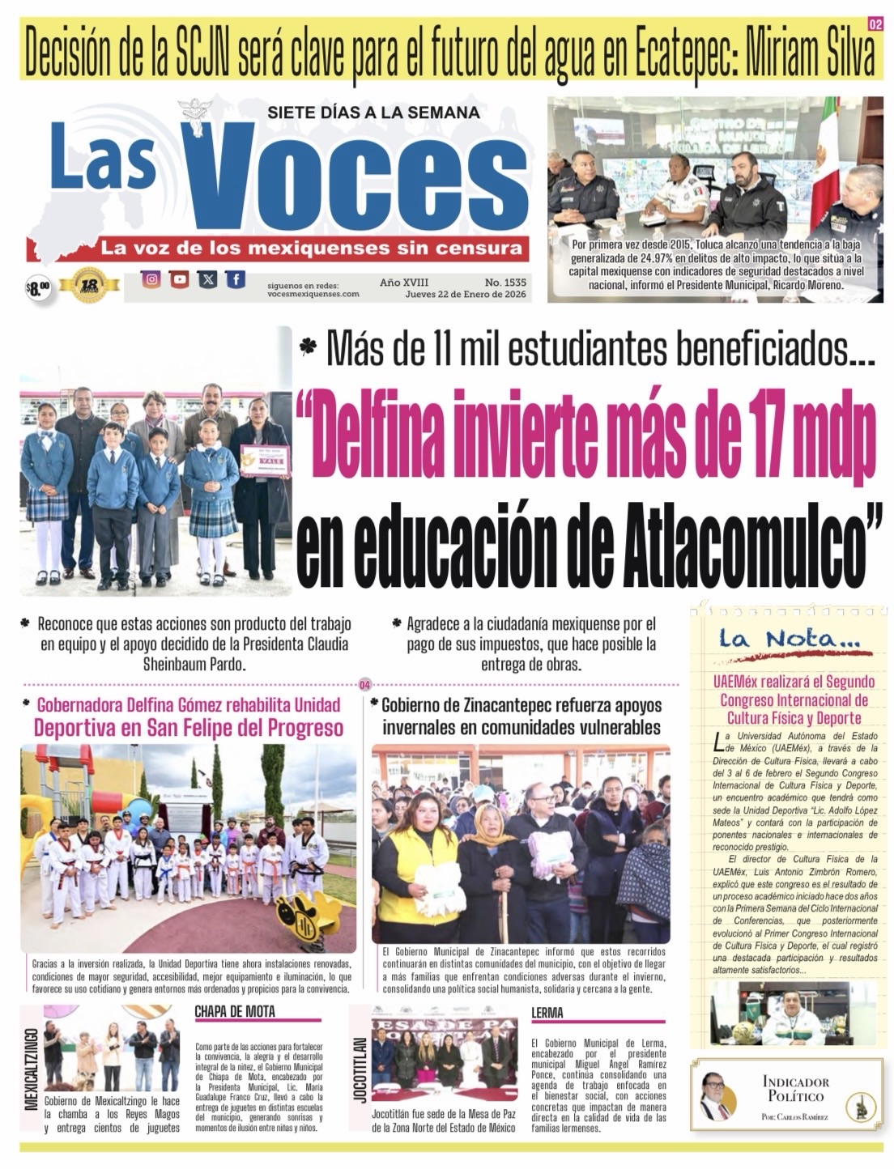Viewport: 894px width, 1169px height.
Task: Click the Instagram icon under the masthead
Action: click(151, 279)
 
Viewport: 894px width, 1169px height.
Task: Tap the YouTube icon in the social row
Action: click(180, 279)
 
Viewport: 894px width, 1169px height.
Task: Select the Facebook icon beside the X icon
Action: click(236, 279)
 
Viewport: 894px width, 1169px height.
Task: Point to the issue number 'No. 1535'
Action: click(505, 283)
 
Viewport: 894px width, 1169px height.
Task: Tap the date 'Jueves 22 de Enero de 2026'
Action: click(466, 294)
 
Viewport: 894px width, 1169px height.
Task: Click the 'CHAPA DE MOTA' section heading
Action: click(234, 1011)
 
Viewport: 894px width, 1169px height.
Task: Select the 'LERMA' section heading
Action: click(547, 1012)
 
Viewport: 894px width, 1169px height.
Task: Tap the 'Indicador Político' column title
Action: click(795, 1088)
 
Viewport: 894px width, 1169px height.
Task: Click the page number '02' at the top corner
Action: click(875, 24)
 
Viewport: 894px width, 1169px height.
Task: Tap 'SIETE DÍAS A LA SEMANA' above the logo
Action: click(373, 113)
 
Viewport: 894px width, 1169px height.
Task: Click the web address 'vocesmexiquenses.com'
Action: click(313, 294)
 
